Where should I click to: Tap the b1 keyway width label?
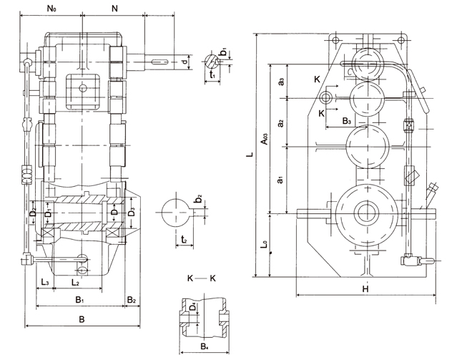tap(224, 52)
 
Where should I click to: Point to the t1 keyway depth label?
tap(212, 73)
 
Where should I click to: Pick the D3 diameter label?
tap(131, 212)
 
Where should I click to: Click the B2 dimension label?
tap(132, 299)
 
